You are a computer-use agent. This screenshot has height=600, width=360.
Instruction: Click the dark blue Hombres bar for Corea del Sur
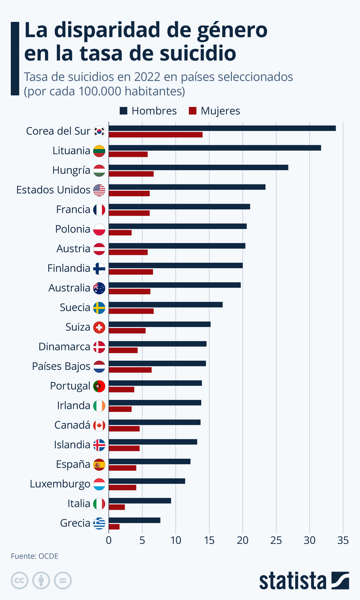(x=222, y=128)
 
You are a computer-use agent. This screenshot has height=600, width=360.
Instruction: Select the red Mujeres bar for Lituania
(x=128, y=154)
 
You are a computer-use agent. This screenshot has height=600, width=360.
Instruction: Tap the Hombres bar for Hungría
(x=198, y=167)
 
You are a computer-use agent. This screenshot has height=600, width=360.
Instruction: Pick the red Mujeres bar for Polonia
(x=120, y=232)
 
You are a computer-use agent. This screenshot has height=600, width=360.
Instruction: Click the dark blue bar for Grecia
(x=134, y=520)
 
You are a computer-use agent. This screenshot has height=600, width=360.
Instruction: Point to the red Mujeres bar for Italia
(x=117, y=507)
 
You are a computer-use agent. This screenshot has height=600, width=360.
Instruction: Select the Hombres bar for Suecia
(x=166, y=305)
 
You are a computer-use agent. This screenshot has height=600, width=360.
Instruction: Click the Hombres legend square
(x=123, y=111)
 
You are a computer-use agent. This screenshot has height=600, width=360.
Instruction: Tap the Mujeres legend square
(x=192, y=111)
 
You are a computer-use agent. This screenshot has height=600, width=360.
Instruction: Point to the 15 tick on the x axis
(x=209, y=540)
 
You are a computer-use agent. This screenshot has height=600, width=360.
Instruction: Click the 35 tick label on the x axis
(x=343, y=540)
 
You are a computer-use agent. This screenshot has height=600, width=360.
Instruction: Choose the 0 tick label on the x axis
(x=109, y=540)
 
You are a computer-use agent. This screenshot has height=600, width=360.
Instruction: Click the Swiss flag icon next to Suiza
(x=99, y=327)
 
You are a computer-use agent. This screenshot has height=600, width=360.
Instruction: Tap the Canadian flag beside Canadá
(x=99, y=425)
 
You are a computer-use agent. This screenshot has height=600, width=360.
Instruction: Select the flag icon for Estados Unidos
(x=99, y=190)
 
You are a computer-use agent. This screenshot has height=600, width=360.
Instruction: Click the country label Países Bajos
(x=61, y=366)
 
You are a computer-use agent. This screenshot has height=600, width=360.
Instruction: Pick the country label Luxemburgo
(x=60, y=484)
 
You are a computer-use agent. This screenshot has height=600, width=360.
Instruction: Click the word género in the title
(x=232, y=30)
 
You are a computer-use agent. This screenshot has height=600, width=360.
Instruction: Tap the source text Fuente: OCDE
(x=34, y=556)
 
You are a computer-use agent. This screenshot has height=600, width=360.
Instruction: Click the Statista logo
(x=304, y=581)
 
